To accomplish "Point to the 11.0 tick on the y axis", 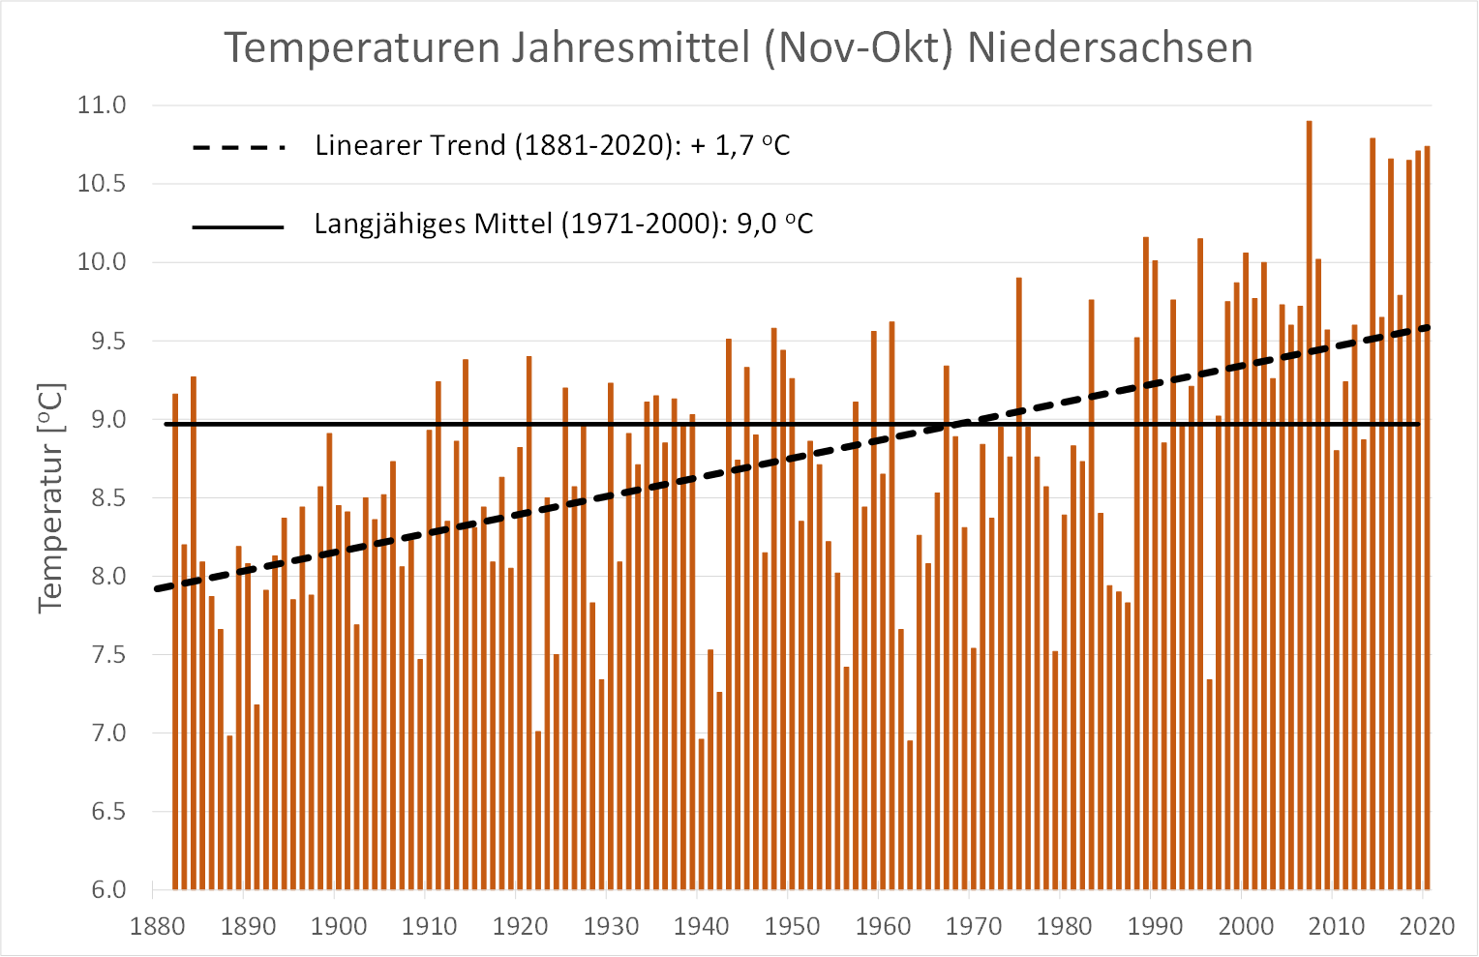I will (102, 105).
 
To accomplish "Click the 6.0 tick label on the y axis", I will (108, 889).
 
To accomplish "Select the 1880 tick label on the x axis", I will (157, 926).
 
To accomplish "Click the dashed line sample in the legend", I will (239, 147).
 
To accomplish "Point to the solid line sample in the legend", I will (238, 226).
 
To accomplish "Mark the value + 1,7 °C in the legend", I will (740, 146).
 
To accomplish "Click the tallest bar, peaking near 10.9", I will (1310, 484).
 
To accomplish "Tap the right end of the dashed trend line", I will (1428, 327).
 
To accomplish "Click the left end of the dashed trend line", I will (157, 587).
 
